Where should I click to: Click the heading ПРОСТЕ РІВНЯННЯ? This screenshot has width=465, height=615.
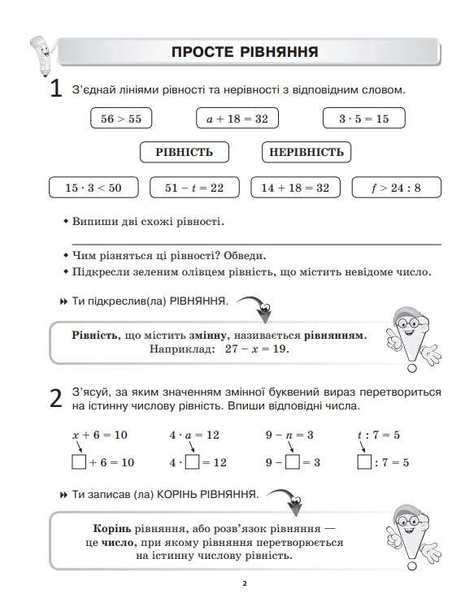(244, 53)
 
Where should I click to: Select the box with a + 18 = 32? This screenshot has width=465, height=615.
(237, 119)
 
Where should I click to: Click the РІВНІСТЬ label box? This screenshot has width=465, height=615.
(184, 152)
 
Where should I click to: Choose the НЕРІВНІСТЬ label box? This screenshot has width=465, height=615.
(306, 152)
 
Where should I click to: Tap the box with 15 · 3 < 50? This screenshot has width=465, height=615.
(93, 188)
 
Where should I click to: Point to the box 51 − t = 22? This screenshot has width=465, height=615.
(194, 188)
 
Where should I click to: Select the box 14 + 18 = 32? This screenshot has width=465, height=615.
(295, 188)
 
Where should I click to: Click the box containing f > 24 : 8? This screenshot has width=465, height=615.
(397, 188)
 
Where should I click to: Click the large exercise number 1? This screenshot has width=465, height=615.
(56, 89)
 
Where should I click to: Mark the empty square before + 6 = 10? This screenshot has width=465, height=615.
(79, 462)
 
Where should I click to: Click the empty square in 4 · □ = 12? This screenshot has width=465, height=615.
(193, 462)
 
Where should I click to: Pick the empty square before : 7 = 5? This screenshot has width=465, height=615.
(365, 462)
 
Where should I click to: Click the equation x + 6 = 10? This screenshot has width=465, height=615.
(100, 435)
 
